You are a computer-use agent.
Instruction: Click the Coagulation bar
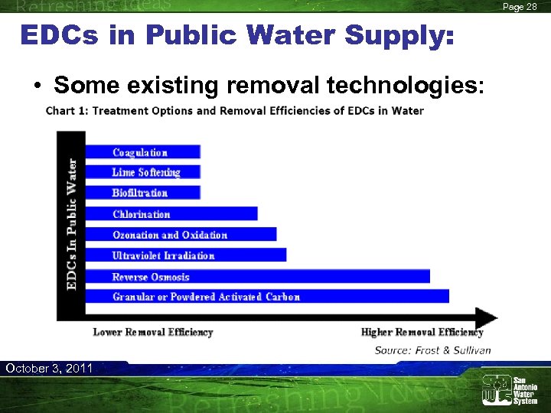click(x=143, y=151)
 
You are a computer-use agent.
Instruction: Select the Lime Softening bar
click(x=143, y=172)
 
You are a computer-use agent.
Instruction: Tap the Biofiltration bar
click(x=143, y=193)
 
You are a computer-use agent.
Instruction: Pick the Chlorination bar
click(x=171, y=213)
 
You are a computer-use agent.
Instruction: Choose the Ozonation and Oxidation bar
click(x=181, y=234)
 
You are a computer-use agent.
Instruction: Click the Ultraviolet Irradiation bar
click(x=186, y=255)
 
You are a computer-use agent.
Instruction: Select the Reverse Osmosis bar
click(x=258, y=276)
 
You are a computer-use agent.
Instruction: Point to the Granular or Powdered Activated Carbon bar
click(x=267, y=296)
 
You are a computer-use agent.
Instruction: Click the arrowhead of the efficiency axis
click(x=487, y=317)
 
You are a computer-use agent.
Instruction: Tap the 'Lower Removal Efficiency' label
click(x=153, y=332)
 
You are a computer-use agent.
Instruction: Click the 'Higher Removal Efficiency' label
click(x=422, y=332)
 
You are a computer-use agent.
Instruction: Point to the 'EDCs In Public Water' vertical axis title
click(x=72, y=223)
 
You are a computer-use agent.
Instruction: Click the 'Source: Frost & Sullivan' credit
click(x=432, y=350)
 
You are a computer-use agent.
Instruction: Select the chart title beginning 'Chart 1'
click(x=235, y=110)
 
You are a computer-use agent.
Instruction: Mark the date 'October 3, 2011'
click(x=49, y=369)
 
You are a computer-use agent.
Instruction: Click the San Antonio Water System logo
click(x=509, y=389)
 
